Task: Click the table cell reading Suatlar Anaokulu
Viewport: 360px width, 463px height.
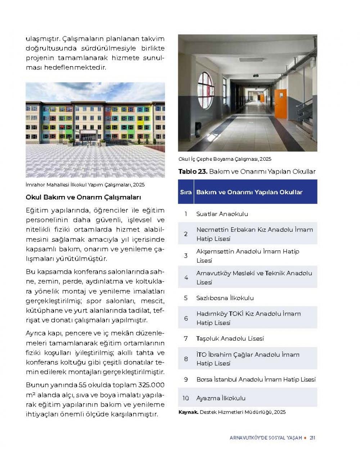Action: click(x=222, y=214)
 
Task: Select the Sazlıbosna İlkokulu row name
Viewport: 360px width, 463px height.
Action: click(x=225, y=298)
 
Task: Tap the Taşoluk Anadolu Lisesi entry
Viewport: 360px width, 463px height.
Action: click(x=230, y=339)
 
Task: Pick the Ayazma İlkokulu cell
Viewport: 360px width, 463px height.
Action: click(x=221, y=398)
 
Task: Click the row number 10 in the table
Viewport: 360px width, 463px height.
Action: click(x=185, y=398)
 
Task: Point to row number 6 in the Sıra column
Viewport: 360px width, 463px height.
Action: click(x=186, y=318)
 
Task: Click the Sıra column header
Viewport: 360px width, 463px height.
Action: click(x=186, y=192)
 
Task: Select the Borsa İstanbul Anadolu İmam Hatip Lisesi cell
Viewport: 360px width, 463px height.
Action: click(x=256, y=379)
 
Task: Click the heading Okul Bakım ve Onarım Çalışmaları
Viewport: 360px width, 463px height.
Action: click(x=83, y=197)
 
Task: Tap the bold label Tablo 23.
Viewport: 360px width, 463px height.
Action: click(x=193, y=172)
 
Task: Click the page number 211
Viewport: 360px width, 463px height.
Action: click(x=312, y=438)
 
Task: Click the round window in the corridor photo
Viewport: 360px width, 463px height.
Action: click(x=206, y=90)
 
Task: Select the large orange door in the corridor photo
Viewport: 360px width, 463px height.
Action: click(x=280, y=104)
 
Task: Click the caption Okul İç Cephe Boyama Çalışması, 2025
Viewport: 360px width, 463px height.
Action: click(x=225, y=159)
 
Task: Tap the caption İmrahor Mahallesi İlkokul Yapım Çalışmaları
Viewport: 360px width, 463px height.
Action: click(x=85, y=185)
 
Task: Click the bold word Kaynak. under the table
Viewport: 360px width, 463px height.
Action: click(x=188, y=412)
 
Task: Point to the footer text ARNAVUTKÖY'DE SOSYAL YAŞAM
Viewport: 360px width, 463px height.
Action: click(x=266, y=438)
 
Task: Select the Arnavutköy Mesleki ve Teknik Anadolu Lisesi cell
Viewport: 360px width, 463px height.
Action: click(x=254, y=277)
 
